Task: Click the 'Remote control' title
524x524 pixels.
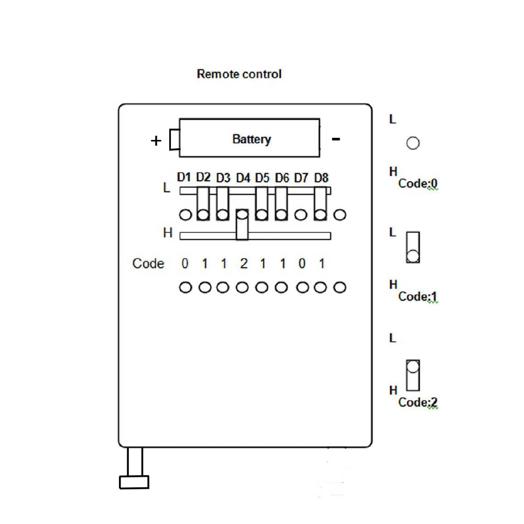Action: [239, 74]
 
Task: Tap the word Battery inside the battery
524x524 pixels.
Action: [252, 139]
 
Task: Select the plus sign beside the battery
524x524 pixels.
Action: [156, 140]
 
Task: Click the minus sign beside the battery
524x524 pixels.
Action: [336, 139]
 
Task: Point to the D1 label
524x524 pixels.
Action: [184, 177]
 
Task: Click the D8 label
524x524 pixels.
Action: [321, 178]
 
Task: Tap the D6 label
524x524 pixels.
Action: [282, 178]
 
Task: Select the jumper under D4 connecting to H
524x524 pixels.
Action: [242, 225]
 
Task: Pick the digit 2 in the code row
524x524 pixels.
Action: [243, 264]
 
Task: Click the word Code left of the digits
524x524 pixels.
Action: [148, 264]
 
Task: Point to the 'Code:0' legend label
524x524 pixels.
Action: [418, 184]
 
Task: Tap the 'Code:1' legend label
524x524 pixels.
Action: [418, 297]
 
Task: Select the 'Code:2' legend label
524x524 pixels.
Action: [418, 403]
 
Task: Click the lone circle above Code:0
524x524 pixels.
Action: [413, 143]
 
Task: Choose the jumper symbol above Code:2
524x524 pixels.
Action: [413, 375]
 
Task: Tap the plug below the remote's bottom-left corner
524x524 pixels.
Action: [134, 481]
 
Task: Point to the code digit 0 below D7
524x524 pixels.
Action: [302, 264]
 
